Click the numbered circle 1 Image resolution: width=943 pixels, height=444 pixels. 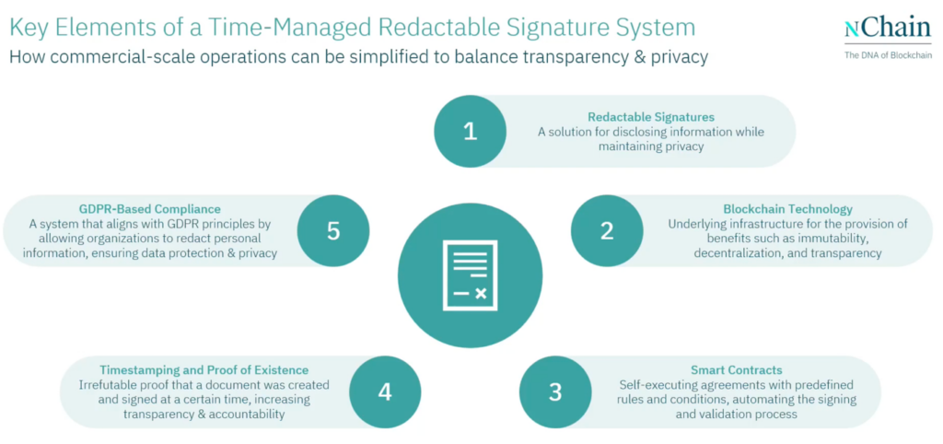470,131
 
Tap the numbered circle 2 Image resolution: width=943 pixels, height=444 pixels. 607,230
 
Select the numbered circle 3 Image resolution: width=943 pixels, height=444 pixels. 555,391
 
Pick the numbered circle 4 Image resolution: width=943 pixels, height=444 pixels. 385,391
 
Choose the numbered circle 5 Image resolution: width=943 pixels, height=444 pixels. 333,230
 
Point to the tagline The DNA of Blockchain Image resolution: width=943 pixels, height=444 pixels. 888,55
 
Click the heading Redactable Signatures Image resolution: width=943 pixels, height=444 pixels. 651,117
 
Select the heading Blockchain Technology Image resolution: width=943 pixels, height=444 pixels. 787,209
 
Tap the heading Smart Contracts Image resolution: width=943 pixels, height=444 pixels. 737,369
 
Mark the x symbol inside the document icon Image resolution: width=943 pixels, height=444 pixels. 481,293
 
